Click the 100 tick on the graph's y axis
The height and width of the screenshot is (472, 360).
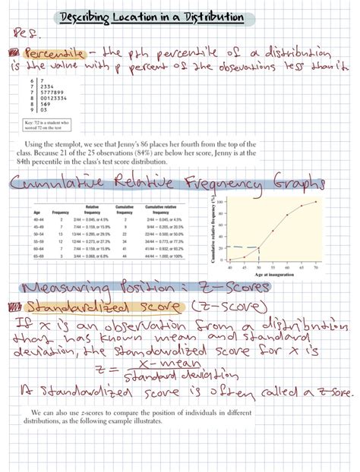point(220,202)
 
